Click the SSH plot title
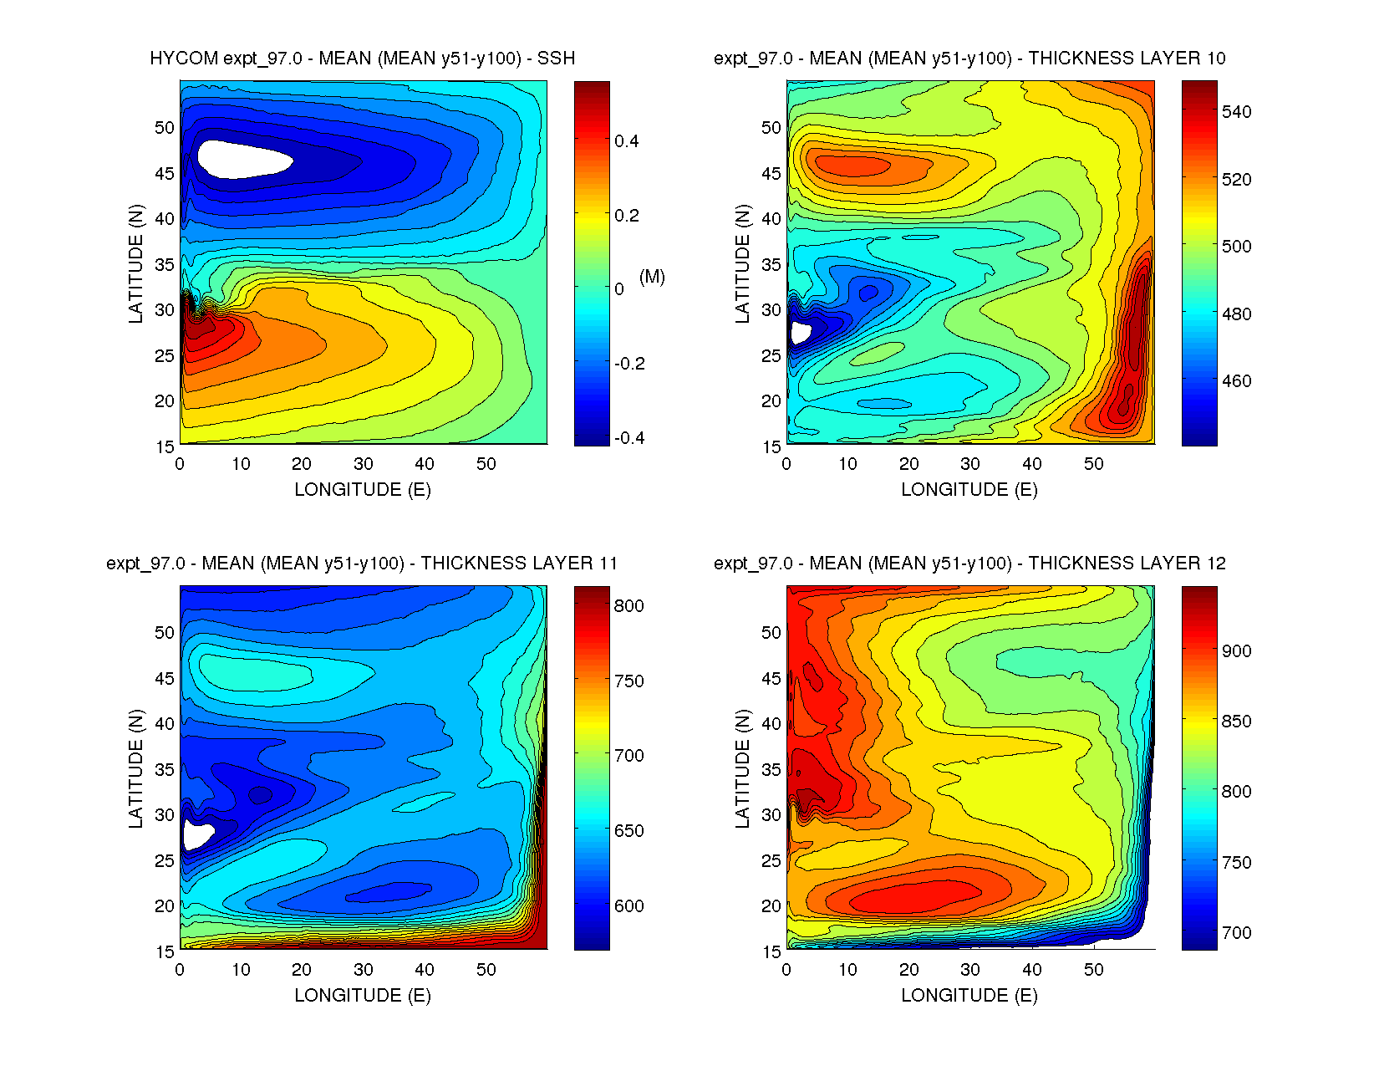pyautogui.click(x=362, y=59)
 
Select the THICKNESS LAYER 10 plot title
pyautogui.click(x=969, y=59)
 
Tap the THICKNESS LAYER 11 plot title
pyautogui.click(x=362, y=564)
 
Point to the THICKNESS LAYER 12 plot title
pyautogui.click(x=969, y=564)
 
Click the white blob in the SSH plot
pyautogui.click(x=242, y=159)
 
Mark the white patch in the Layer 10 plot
pyautogui.click(x=799, y=332)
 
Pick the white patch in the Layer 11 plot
pyautogui.click(x=197, y=834)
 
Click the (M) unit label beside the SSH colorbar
pyautogui.click(x=652, y=277)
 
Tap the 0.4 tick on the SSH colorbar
pyautogui.click(x=627, y=141)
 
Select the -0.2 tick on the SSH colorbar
pyautogui.click(x=629, y=364)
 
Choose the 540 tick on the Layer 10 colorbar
pyautogui.click(x=1236, y=112)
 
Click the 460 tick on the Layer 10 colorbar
pyautogui.click(x=1236, y=381)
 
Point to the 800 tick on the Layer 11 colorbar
pyautogui.click(x=628, y=606)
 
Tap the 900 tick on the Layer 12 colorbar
pyautogui.click(x=1236, y=651)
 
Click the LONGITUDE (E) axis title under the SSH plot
pyautogui.click(x=362, y=490)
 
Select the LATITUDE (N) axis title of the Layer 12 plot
pyautogui.click(x=742, y=768)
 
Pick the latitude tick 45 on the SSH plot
pyautogui.click(x=165, y=174)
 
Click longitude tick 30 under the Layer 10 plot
pyautogui.click(x=969, y=464)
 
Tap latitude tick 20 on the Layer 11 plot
pyautogui.click(x=165, y=906)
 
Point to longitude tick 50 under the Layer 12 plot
pyautogui.click(x=1093, y=970)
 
